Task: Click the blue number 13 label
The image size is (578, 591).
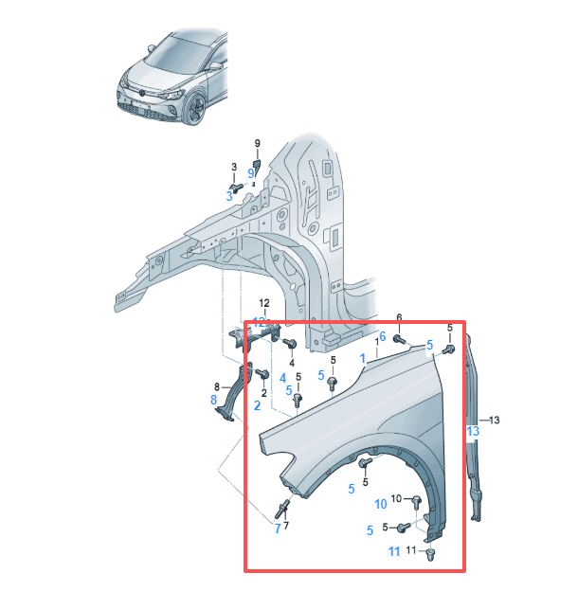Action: (x=473, y=431)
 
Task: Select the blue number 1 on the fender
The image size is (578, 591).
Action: (x=362, y=358)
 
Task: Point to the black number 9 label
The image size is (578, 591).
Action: (x=256, y=144)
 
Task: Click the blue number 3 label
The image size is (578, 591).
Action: (x=228, y=195)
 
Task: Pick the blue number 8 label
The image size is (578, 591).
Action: (x=213, y=401)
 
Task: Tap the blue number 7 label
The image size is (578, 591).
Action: (x=278, y=528)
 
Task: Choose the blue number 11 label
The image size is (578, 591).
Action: (x=394, y=551)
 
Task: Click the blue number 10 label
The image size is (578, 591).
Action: (x=381, y=504)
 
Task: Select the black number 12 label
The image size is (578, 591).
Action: (x=265, y=303)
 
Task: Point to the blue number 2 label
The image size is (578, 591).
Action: (x=257, y=405)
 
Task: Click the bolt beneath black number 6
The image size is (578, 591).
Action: (x=399, y=336)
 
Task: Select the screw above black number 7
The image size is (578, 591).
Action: (x=283, y=505)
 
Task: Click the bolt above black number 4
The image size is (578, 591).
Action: (x=291, y=342)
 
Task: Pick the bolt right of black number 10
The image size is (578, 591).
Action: (x=416, y=500)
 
